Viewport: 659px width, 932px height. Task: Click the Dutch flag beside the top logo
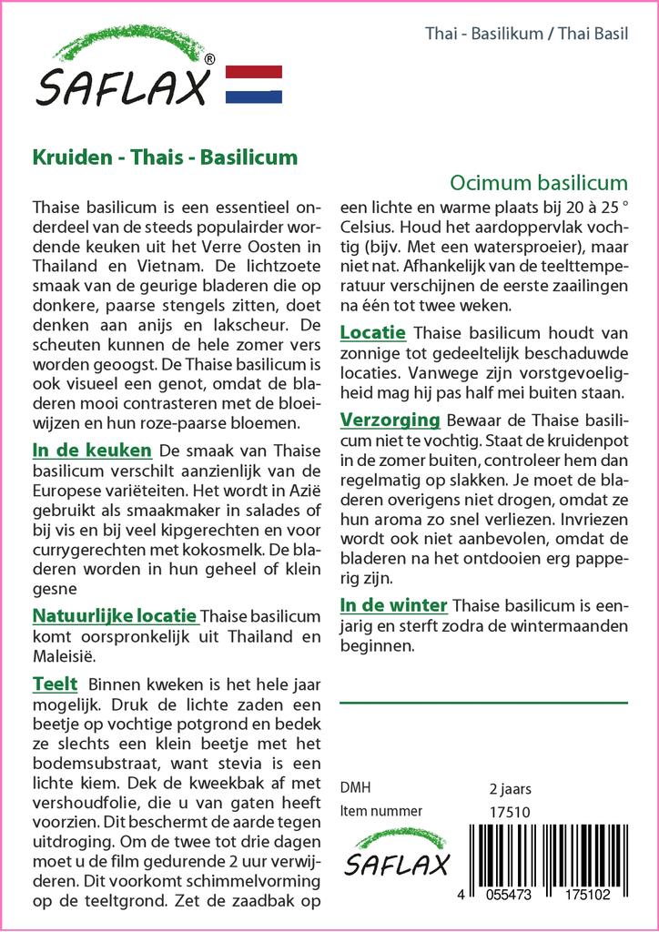(253, 84)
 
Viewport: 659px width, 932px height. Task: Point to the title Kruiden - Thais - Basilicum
(165, 157)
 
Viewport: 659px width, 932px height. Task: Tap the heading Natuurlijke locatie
(114, 617)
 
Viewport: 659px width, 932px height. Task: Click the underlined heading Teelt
(55, 684)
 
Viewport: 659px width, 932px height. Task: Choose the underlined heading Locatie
(372, 332)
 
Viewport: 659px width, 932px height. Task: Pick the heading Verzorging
(390, 420)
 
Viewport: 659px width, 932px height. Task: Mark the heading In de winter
(393, 605)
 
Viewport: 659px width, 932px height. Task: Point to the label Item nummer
(380, 811)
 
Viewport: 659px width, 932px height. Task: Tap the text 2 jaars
(510, 788)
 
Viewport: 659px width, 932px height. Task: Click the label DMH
(354, 788)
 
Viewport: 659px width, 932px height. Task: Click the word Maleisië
(62, 655)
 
